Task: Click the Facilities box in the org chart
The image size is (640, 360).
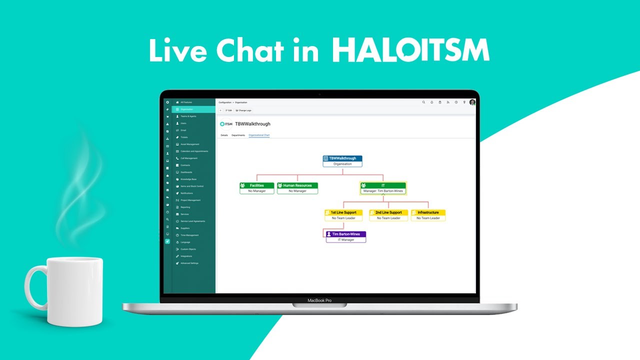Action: pyautogui.click(x=256, y=187)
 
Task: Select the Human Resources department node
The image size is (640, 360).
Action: pyautogui.click(x=297, y=187)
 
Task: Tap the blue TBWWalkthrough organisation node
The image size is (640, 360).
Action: pyautogui.click(x=342, y=160)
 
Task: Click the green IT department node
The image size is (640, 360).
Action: pyautogui.click(x=383, y=188)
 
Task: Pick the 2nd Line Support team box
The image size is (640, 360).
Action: pyautogui.click(x=388, y=215)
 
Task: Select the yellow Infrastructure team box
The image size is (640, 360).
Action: pyautogui.click(x=428, y=215)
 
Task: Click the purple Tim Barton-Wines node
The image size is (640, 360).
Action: pyautogui.click(x=346, y=236)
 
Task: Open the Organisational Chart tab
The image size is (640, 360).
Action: pyautogui.click(x=259, y=135)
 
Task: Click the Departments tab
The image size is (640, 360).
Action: pyautogui.click(x=238, y=135)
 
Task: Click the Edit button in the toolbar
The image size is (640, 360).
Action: pyautogui.click(x=228, y=110)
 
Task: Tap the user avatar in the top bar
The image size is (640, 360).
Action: pyautogui.click(x=472, y=102)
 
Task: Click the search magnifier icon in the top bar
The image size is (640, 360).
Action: pyautogui.click(x=423, y=102)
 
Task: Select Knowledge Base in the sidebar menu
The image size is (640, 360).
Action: pyautogui.click(x=188, y=179)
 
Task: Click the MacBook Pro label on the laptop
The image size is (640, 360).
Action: pyautogui.click(x=319, y=300)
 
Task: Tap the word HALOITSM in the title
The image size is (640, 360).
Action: pyautogui.click(x=410, y=50)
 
